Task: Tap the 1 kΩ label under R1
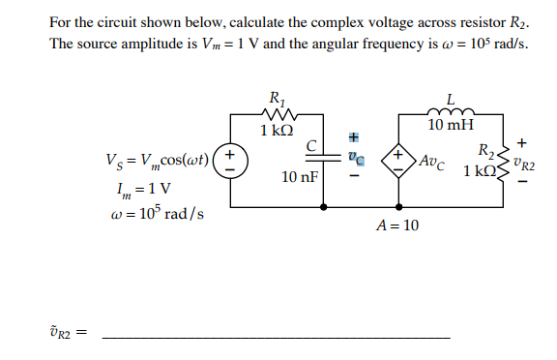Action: point(278,130)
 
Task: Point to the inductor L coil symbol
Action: point(451,112)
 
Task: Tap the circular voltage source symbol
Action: point(230,158)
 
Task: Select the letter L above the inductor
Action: point(451,98)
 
